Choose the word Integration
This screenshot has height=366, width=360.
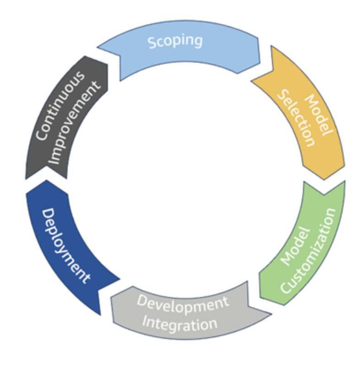tap(179, 323)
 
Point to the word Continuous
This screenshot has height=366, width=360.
tap(59, 106)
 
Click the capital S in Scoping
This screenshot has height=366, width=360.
tap(153, 43)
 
